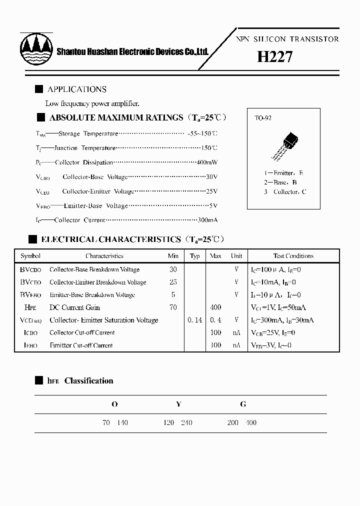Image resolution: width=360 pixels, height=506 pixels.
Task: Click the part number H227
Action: [274, 57]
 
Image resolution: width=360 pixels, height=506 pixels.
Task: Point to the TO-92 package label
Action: [263, 118]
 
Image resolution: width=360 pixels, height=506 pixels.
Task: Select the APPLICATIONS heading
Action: [77, 89]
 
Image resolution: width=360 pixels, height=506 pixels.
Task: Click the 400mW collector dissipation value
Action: [207, 162]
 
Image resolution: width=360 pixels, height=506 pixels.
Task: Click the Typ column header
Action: [195, 256]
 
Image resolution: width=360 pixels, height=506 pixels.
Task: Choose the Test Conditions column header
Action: [293, 256]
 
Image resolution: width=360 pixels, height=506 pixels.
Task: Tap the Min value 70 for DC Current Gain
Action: [173, 307]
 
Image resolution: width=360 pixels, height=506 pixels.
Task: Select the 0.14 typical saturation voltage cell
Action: [195, 320]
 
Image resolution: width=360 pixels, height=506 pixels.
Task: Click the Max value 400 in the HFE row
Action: [215, 307]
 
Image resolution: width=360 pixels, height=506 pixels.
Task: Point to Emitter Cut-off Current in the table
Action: [81, 345]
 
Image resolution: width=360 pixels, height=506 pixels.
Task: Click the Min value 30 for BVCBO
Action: [173, 269]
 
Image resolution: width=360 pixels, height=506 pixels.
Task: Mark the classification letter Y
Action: [178, 404]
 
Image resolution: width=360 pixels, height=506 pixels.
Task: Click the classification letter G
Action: [243, 404]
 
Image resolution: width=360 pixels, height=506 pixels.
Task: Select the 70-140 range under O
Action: [115, 423]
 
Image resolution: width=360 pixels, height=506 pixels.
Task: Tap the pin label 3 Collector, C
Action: [285, 192]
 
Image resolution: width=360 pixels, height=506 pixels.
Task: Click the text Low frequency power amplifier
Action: [92, 104]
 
